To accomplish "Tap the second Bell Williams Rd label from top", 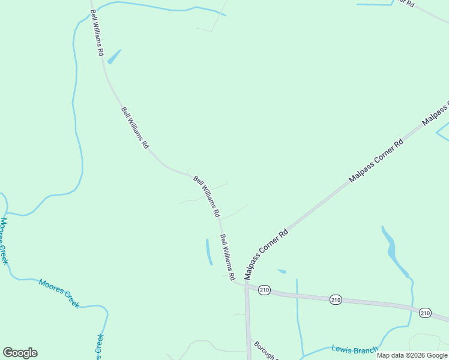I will click(x=135, y=128).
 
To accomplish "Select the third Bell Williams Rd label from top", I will click(x=206, y=196).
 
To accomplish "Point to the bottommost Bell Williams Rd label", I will click(x=227, y=257).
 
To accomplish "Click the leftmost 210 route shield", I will click(x=265, y=290).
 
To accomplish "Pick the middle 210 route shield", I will click(x=336, y=299).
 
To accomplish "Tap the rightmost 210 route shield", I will click(x=425, y=313).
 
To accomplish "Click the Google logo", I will click(x=20, y=353).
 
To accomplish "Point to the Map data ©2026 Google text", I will click(x=412, y=355).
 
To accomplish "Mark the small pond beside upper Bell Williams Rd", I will click(x=114, y=56).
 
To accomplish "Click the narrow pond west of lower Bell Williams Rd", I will click(x=209, y=252).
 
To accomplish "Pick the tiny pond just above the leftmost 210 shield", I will click(x=282, y=271).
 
